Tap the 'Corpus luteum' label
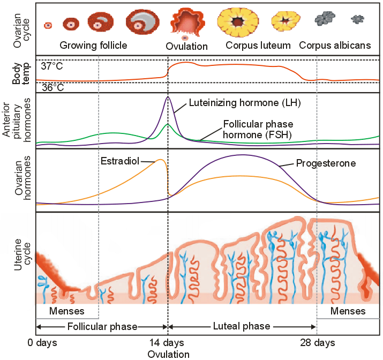point(258,46)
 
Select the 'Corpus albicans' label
point(335,46)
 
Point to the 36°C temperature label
point(52,87)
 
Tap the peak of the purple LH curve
point(168,97)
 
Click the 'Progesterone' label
point(326,163)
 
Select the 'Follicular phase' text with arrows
point(102,326)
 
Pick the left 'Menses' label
point(66,311)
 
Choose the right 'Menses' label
point(348,311)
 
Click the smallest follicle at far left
point(48,25)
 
